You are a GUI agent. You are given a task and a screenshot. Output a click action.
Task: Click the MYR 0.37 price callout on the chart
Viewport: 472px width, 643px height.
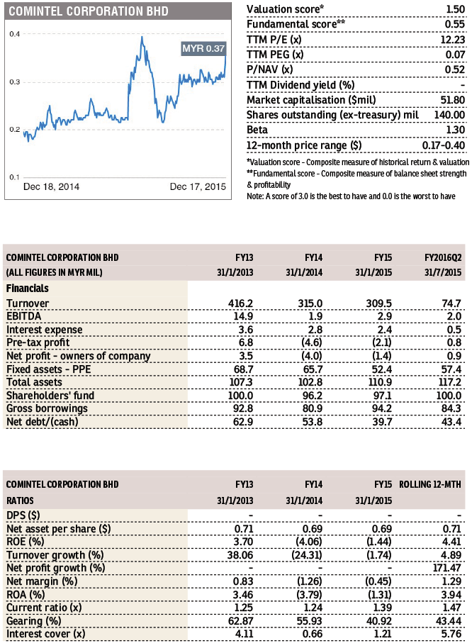(x=203, y=48)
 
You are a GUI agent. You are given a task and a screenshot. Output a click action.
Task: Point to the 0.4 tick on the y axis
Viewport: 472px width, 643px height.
(x=15, y=34)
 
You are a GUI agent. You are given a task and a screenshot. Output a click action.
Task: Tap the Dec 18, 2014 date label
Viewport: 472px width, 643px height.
(x=51, y=186)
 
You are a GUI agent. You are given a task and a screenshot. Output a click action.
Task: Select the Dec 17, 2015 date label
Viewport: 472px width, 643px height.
(x=198, y=186)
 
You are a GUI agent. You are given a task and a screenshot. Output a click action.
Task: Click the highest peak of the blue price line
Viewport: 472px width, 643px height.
(x=142, y=37)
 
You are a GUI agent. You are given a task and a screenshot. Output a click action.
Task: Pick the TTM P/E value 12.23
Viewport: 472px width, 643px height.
(x=453, y=40)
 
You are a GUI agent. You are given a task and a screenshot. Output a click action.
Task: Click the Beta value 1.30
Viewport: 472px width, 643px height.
(x=456, y=130)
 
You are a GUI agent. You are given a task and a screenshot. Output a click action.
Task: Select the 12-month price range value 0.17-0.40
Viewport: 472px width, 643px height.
(x=444, y=145)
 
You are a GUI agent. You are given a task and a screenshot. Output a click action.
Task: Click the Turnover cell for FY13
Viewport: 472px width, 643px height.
(x=241, y=303)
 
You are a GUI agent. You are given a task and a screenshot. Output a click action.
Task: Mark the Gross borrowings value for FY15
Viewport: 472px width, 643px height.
(x=382, y=408)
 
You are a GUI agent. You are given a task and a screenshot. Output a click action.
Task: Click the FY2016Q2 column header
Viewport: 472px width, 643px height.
(x=443, y=257)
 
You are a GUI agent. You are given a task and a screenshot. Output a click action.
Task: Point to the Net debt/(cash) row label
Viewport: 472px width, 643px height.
(x=43, y=422)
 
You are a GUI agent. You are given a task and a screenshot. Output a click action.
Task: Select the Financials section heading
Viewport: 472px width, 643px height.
(x=28, y=289)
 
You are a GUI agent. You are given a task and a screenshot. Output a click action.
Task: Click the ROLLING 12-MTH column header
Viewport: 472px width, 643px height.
(x=430, y=484)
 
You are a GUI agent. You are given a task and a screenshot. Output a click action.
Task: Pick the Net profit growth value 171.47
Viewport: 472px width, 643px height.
(x=447, y=568)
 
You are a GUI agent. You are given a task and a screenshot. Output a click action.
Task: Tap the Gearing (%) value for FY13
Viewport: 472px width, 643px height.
(x=241, y=621)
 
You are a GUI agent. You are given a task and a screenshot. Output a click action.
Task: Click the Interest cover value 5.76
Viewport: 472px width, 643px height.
(x=451, y=634)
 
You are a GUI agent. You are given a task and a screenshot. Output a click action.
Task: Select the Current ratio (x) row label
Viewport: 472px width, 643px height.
(x=44, y=608)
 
